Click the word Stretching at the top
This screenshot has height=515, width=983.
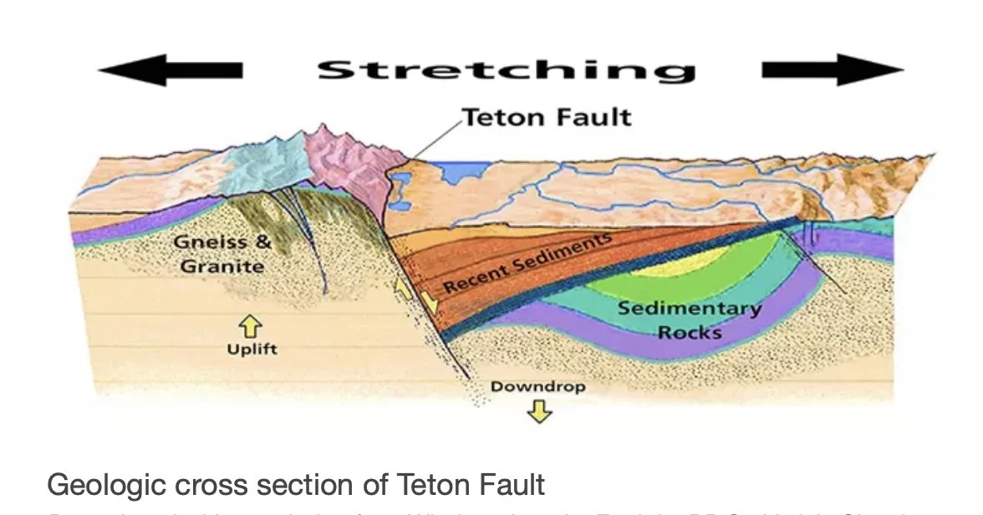coord(506,69)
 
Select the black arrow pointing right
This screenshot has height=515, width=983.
coord(833,70)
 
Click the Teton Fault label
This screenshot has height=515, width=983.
coord(547,116)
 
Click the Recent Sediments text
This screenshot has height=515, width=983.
coord(527,263)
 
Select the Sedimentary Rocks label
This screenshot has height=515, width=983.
coord(689,319)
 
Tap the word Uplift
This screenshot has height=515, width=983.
coord(252,349)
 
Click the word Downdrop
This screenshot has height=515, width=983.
coord(537,387)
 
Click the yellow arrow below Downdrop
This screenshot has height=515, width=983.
coord(540,410)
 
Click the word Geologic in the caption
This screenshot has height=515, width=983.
coord(99,485)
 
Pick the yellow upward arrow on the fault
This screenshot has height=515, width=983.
coord(404,289)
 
